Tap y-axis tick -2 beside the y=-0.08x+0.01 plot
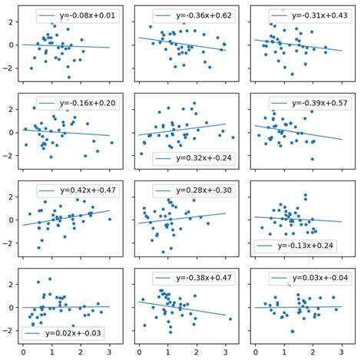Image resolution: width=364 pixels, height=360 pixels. point(10,68)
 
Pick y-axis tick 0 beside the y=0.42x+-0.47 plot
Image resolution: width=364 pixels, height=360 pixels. point(12,220)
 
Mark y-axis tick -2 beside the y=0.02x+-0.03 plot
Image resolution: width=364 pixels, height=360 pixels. point(10,330)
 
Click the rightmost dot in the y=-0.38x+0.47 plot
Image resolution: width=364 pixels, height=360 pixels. point(230,319)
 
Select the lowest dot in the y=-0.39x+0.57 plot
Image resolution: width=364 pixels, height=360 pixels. point(313,159)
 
